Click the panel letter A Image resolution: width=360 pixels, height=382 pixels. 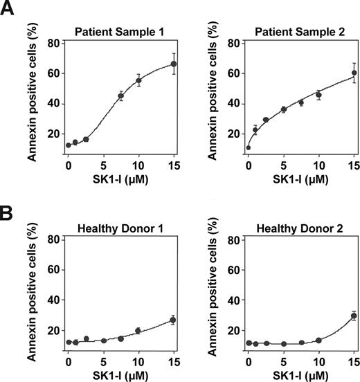pyautogui.click(x=10, y=12)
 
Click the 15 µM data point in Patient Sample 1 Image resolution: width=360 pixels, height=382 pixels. pyautogui.click(x=174, y=64)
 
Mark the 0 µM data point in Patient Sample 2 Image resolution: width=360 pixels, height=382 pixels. pyautogui.click(x=249, y=147)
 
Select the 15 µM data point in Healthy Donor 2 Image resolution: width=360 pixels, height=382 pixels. pyautogui.click(x=354, y=316)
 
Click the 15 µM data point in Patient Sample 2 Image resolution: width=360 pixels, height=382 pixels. pyautogui.click(x=354, y=73)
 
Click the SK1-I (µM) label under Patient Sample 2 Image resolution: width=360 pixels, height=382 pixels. pyautogui.click(x=301, y=179)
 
